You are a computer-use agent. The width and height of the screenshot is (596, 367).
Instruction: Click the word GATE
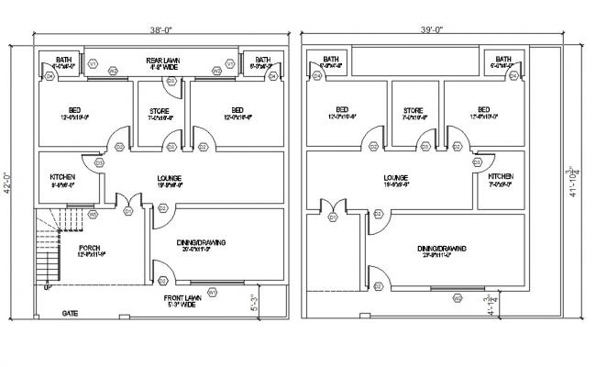pos(70,313)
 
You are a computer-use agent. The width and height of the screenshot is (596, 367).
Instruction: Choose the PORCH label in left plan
pos(89,249)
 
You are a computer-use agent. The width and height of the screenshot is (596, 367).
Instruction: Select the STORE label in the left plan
pos(160,114)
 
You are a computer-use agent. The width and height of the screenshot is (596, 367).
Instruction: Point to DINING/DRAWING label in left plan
pos(200,242)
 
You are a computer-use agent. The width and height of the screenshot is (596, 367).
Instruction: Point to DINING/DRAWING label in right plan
pos(442,248)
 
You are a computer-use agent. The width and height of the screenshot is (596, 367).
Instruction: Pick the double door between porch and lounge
pos(129,206)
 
